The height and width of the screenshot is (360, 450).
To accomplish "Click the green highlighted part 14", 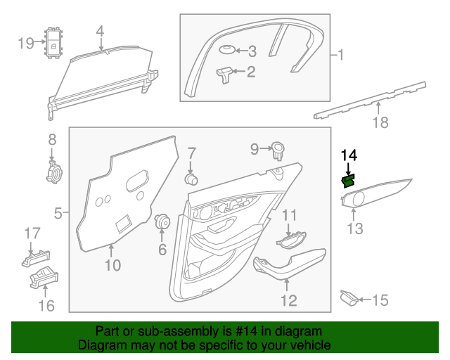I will click(x=347, y=181).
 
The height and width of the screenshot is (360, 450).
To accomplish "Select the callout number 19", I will click(x=26, y=44).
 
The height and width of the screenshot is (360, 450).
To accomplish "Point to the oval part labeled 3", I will click(x=226, y=50).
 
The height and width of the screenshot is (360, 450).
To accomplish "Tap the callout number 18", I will click(x=380, y=123).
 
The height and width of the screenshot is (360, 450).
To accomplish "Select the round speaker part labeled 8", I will click(x=52, y=171).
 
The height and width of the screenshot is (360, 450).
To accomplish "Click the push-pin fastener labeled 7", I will click(x=190, y=176).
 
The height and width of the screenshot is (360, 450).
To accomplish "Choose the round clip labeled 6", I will click(x=163, y=221).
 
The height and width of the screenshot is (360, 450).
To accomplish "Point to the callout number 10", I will click(x=112, y=265).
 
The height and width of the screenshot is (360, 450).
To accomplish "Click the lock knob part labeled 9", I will click(x=278, y=148).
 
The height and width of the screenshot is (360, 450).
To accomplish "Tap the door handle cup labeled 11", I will click(x=290, y=241).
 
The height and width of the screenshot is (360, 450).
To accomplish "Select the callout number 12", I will click(x=289, y=301).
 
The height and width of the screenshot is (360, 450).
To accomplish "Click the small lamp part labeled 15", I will click(x=348, y=299).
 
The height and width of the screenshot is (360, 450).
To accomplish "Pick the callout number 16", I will click(x=46, y=305).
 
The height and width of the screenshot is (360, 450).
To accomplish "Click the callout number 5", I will click(x=60, y=210).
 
